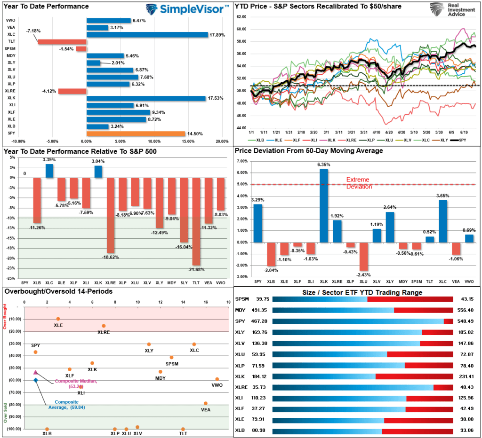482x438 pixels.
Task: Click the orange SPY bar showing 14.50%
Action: point(136,133)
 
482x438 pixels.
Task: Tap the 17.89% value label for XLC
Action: point(218,35)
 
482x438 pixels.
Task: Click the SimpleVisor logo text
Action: point(193,9)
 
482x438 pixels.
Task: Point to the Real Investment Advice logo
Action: point(447,9)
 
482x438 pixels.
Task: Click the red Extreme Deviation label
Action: point(359,183)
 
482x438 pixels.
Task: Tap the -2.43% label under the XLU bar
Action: point(363,274)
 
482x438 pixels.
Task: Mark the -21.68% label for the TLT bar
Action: point(196,269)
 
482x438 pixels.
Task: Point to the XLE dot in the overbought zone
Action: point(58,319)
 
